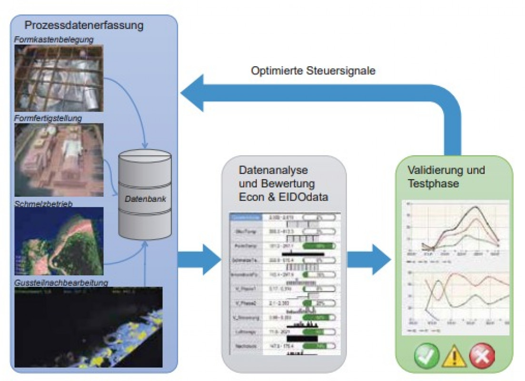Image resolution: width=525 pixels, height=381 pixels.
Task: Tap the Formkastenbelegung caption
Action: [53, 40]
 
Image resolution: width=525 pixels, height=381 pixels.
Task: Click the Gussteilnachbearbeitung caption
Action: [61, 283]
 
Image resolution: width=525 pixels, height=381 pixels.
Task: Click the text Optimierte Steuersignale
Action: [313, 71]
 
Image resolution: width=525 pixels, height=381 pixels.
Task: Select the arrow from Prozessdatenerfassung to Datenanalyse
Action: [199, 260]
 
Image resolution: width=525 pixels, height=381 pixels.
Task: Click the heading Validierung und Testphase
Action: [446, 176]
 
